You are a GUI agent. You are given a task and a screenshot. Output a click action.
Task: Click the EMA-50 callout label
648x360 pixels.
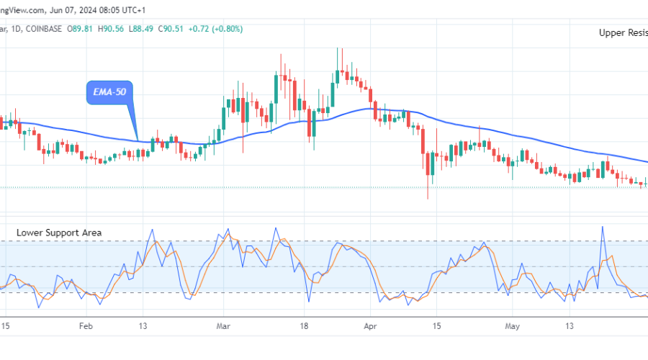pyautogui.click(x=110, y=93)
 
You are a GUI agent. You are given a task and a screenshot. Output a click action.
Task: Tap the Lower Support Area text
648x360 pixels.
pyautogui.click(x=60, y=233)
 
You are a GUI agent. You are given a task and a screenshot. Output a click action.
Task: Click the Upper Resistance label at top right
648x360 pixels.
pyautogui.click(x=624, y=32)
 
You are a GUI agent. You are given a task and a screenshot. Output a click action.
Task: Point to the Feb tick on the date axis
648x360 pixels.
pyautogui.click(x=86, y=326)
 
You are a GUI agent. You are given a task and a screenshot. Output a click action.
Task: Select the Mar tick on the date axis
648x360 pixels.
pyautogui.click(x=223, y=326)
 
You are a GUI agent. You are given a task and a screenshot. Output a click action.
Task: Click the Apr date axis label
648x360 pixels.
pyautogui.click(x=371, y=326)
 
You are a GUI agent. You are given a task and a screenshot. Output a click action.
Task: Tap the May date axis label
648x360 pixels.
pyautogui.click(x=512, y=326)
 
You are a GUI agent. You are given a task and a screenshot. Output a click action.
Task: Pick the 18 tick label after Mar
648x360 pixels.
pyautogui.click(x=304, y=326)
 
